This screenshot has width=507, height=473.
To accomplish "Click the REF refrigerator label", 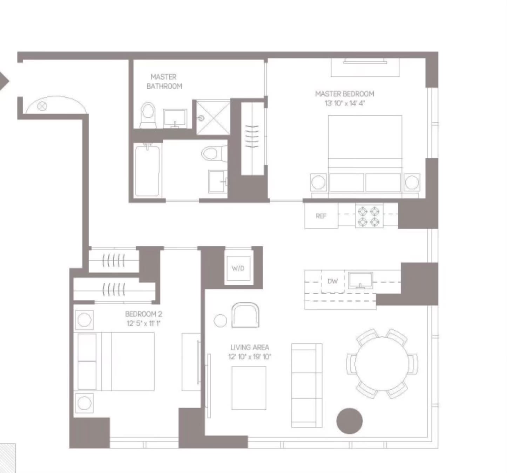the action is (321, 216).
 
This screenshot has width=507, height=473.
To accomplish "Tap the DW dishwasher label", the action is (333, 281).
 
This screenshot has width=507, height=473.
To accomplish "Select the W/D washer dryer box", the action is (238, 268).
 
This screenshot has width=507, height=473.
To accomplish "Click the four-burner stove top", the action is (369, 216).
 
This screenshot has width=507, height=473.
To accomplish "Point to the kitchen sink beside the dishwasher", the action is (360, 280).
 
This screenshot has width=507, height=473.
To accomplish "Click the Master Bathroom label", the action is (164, 82).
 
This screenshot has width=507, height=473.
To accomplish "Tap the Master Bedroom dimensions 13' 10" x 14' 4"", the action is (345, 103).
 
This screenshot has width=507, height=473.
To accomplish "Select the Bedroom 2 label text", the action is (143, 314).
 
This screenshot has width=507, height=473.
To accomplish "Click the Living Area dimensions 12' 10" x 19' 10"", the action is (250, 357).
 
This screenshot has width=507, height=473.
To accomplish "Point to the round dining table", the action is (382, 364).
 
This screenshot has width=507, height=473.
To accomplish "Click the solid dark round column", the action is (350, 421).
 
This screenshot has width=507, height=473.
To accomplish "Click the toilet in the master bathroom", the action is (148, 115).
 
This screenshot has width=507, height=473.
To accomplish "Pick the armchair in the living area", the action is (245, 315).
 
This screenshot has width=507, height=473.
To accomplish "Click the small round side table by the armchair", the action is (220, 321).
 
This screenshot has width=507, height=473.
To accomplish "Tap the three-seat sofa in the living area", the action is (307, 385).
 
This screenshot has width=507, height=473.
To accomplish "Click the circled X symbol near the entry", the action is (42, 106).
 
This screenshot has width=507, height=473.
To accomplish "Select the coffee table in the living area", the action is (249, 388).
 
